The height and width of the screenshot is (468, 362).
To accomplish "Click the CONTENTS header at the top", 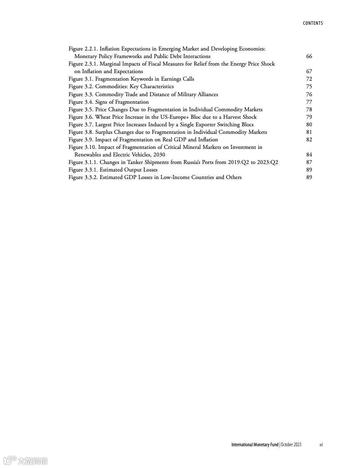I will (x=313, y=23).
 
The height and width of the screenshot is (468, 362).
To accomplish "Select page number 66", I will (x=309, y=56).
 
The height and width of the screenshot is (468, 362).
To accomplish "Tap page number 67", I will (x=309, y=71).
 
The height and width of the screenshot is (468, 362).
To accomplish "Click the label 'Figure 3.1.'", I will (x=81, y=79).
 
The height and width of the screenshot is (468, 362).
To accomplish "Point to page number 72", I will (x=309, y=79).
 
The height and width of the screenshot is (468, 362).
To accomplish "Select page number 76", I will (x=309, y=94).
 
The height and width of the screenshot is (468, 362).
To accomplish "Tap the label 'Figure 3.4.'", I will (x=81, y=102).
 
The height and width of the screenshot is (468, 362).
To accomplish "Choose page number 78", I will (x=309, y=109).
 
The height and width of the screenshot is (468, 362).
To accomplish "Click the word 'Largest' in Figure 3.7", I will (x=105, y=125).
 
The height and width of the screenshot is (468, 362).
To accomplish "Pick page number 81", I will (x=309, y=132).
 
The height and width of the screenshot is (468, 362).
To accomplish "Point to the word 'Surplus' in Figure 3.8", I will (x=105, y=132).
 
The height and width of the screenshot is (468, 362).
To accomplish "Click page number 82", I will (x=309, y=140).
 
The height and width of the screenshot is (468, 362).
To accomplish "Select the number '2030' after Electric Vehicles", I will (x=159, y=155).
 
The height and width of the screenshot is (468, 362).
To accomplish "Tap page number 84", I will (x=309, y=155).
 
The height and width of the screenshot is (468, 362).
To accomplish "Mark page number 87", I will (x=309, y=162).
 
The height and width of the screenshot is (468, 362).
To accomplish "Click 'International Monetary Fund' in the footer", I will (x=255, y=445).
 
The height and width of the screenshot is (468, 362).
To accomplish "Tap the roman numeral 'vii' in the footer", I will (x=321, y=445).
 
